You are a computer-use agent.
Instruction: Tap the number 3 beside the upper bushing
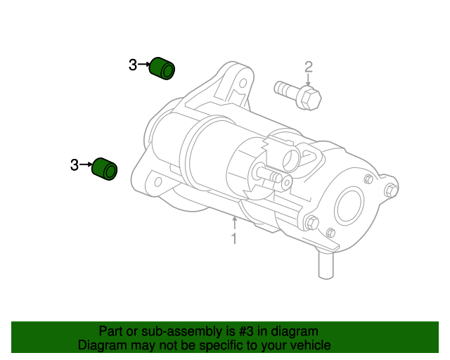[x=133, y=65]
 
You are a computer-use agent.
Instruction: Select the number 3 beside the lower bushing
[x=75, y=165]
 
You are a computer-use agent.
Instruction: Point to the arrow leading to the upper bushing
[x=145, y=65]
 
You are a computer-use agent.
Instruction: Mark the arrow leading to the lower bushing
[x=86, y=165]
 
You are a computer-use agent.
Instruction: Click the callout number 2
[x=308, y=67]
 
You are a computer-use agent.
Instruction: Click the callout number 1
[x=234, y=239]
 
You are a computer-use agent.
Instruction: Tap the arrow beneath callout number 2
[x=308, y=80]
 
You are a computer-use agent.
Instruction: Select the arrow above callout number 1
[x=234, y=224]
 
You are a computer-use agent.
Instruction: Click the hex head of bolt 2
[x=309, y=98]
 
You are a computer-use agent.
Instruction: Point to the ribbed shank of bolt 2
[x=285, y=89]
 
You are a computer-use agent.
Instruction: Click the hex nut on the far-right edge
[x=391, y=190]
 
